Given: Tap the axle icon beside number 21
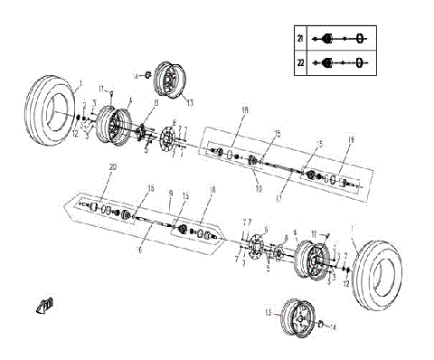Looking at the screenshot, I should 340,39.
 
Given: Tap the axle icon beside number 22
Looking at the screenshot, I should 340,63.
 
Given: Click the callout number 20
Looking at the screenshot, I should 112,167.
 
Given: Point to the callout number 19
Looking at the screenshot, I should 350,140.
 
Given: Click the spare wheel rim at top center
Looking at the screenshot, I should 168,79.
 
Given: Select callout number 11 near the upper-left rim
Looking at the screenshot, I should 101,88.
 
